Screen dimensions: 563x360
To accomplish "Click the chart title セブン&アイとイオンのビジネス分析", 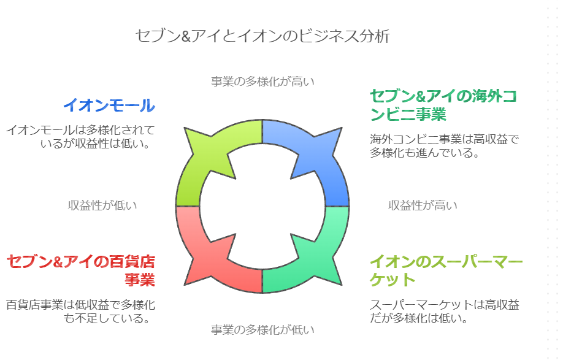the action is (x=262, y=36).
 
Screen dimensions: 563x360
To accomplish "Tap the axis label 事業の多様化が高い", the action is (x=262, y=82).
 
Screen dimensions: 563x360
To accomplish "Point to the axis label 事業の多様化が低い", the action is (x=262, y=329).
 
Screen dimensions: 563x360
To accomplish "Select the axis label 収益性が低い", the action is (x=102, y=205).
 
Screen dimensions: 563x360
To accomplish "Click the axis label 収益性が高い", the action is (x=423, y=205).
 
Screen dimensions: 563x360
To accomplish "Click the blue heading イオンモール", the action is (x=109, y=105).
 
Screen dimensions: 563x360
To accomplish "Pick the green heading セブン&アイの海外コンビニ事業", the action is (x=443, y=105).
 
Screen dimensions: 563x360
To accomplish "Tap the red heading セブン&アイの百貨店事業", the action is (x=81, y=270).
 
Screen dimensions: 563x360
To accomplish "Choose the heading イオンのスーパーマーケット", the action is (x=446, y=270).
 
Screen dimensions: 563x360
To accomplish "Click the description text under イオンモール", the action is (x=80, y=137).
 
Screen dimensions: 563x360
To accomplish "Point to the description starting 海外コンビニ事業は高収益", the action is (x=445, y=146).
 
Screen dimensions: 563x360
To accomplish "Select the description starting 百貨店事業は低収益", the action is (x=81, y=311).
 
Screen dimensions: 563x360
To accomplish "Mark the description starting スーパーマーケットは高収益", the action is (x=445, y=311).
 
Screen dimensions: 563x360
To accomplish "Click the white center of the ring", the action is (x=262, y=207).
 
